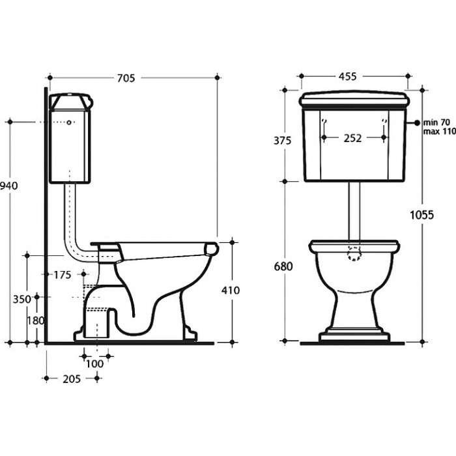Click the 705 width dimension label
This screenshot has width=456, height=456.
(x=126, y=78)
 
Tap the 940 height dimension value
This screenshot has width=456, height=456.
(x=8, y=186)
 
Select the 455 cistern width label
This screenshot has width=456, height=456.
(x=347, y=76)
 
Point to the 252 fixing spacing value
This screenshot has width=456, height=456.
(x=353, y=138)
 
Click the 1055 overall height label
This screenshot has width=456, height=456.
(x=421, y=215)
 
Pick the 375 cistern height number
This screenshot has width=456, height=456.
(x=282, y=141)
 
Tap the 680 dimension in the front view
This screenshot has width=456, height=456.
(x=283, y=266)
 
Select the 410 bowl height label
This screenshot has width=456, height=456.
(x=231, y=291)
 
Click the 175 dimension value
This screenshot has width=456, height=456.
(x=63, y=275)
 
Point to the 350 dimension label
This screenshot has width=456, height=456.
(x=21, y=299)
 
